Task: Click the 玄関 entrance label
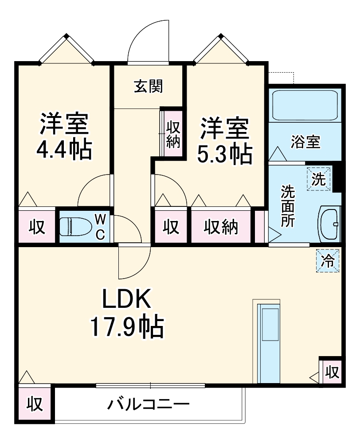[149, 87]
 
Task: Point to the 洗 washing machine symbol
[319, 178]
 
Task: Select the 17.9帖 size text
[127, 327]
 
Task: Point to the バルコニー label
[148, 404]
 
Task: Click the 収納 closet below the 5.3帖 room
[220, 227]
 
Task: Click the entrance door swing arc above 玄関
[151, 40]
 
